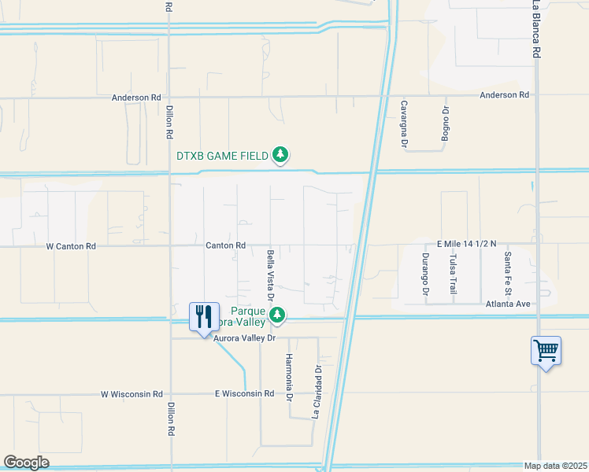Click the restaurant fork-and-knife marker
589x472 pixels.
[204, 317]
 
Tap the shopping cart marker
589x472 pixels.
[546, 350]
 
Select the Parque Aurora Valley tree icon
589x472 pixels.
[276, 315]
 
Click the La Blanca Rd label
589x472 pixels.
[536, 28]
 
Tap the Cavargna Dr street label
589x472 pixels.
[403, 124]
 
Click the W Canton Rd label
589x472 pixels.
[71, 246]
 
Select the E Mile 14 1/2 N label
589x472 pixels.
[468, 245]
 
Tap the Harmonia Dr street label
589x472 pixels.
[289, 377]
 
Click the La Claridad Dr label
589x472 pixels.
[319, 390]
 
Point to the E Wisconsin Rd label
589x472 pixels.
[244, 393]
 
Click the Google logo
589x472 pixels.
[27, 463]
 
